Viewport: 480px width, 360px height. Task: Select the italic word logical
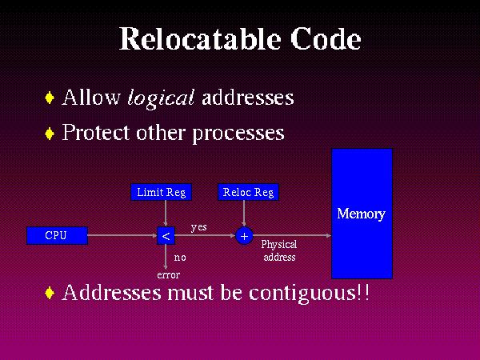[x=161, y=98]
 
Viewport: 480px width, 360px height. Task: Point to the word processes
[x=238, y=134]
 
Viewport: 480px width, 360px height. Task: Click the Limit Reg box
[x=161, y=192]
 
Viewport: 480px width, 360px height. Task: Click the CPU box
[x=56, y=235]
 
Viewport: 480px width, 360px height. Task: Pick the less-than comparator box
[x=166, y=236]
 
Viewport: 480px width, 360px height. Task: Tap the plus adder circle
[x=244, y=236]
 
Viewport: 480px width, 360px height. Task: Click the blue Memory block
[x=362, y=213]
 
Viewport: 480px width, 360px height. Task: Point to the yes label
[x=198, y=227]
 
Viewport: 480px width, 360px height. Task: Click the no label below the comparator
[x=180, y=258]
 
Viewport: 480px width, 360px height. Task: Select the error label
[x=168, y=274]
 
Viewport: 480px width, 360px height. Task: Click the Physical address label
[x=279, y=250]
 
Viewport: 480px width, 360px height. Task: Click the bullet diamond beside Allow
[x=50, y=98]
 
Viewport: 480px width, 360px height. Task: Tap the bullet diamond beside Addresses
[x=50, y=293]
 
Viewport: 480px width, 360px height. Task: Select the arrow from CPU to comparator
[x=120, y=236]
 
